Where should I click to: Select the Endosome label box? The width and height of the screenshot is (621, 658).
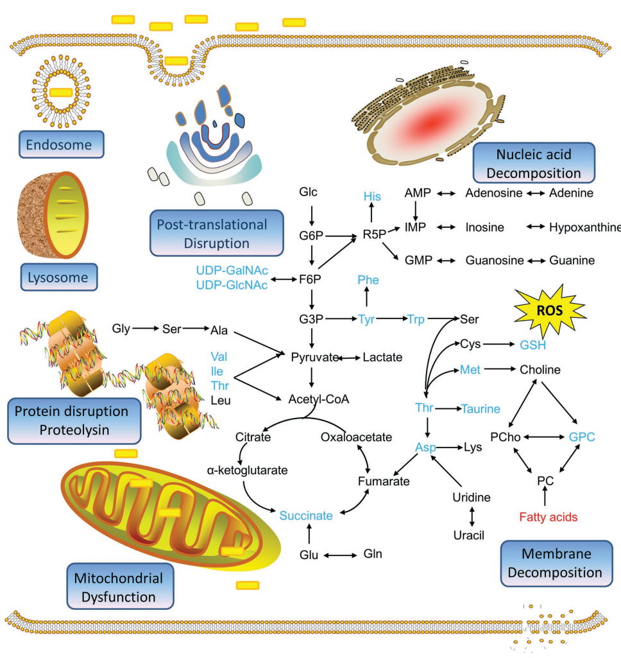pyautogui.click(x=62, y=145)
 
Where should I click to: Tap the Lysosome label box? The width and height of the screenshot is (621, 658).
pyautogui.click(x=59, y=278)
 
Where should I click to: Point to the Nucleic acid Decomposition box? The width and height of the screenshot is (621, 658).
pyautogui.click(x=534, y=163)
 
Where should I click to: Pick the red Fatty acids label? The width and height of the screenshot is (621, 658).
pyautogui.click(x=549, y=517)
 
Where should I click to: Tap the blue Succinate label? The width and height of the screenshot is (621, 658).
pyautogui.click(x=306, y=515)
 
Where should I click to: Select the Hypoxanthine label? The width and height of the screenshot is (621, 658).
pyautogui.click(x=584, y=227)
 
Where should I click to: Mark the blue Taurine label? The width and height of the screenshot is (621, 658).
pyautogui.click(x=481, y=408)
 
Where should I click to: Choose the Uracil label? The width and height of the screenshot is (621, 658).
pyautogui.click(x=470, y=535)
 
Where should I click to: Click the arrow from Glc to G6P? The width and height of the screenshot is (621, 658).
pyautogui.click(x=311, y=212)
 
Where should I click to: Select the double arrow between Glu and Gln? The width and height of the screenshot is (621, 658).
pyautogui.click(x=341, y=553)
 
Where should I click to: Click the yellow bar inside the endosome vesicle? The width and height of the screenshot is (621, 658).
pyautogui.click(x=61, y=92)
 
